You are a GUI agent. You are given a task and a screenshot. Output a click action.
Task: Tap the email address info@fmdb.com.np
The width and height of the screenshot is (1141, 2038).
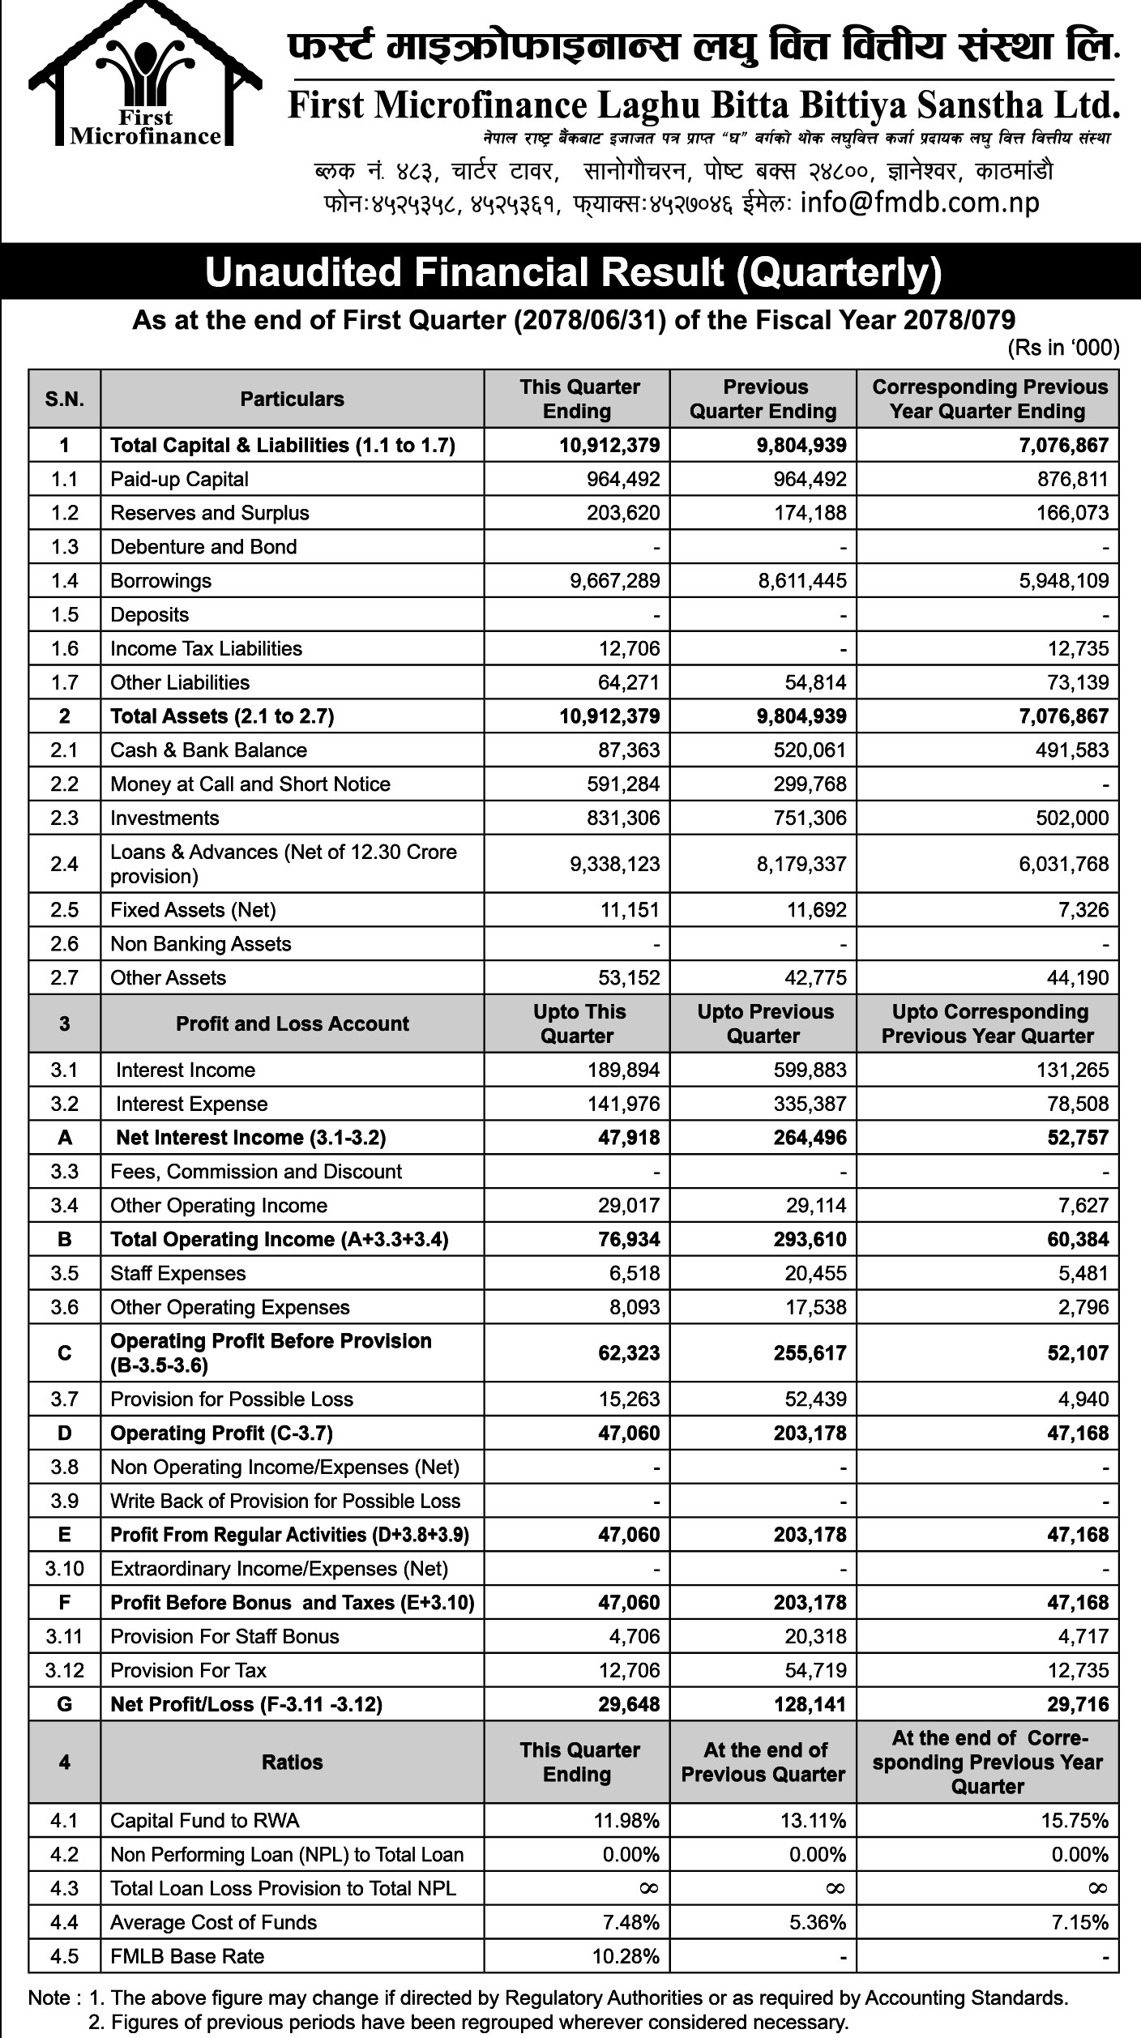[919, 203]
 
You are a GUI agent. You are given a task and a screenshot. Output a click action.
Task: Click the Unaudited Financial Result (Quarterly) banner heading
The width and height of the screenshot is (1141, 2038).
[573, 273]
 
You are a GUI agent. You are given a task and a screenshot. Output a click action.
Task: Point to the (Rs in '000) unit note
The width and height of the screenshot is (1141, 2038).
[1062, 348]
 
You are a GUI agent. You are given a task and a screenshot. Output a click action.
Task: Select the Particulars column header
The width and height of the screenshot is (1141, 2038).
[292, 399]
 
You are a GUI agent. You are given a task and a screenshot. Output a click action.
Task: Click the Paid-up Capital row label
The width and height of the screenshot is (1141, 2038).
[179, 479]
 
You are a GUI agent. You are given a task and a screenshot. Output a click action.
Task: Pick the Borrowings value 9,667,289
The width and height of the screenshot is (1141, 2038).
[615, 581]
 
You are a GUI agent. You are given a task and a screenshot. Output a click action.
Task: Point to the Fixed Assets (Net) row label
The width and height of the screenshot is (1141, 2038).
[193, 910]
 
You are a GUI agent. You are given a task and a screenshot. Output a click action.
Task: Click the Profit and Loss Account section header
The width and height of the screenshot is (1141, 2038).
[292, 1023]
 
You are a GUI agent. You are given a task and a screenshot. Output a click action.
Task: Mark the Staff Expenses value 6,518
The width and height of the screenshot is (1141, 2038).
[634, 1274]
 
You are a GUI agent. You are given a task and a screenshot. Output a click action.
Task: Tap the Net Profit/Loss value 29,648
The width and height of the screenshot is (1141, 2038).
[629, 1705]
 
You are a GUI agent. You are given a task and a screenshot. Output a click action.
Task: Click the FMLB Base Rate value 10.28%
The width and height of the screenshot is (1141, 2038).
[625, 1957]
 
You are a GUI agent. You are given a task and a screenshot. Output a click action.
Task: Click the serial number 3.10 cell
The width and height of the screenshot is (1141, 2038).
[65, 1569]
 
